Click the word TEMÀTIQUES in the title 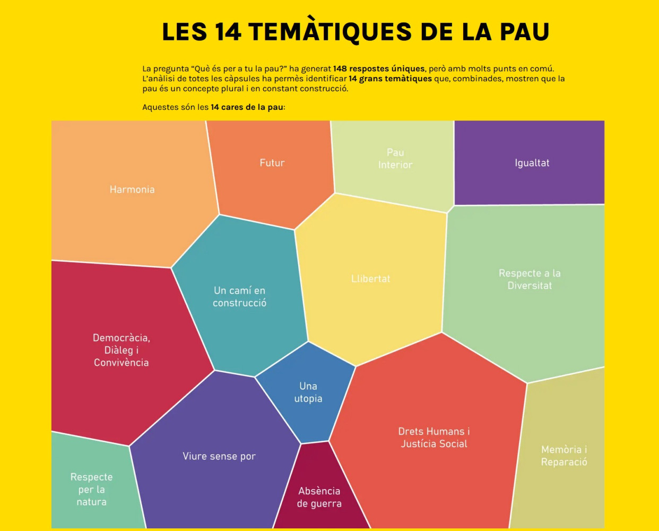tap(330, 32)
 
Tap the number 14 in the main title tap(228, 32)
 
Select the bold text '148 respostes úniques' tap(379, 68)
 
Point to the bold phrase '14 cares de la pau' tap(247, 107)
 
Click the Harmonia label tap(132, 190)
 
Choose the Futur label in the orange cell tap(272, 163)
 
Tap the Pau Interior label tap(395, 159)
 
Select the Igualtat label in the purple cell tap(532, 163)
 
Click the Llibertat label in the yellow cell tap(370, 279)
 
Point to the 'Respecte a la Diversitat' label tap(530, 279)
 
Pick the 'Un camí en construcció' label tap(240, 297)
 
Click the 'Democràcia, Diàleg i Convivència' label tap(122, 350)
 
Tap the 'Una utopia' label tap(308, 392)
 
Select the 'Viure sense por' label tap(219, 456)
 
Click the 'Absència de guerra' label tap(319, 497)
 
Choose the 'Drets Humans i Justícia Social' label tap(434, 438)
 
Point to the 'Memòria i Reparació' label tap(564, 456)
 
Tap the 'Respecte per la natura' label tap(91, 489)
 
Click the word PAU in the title tap(524, 32)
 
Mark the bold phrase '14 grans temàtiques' tap(390, 79)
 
